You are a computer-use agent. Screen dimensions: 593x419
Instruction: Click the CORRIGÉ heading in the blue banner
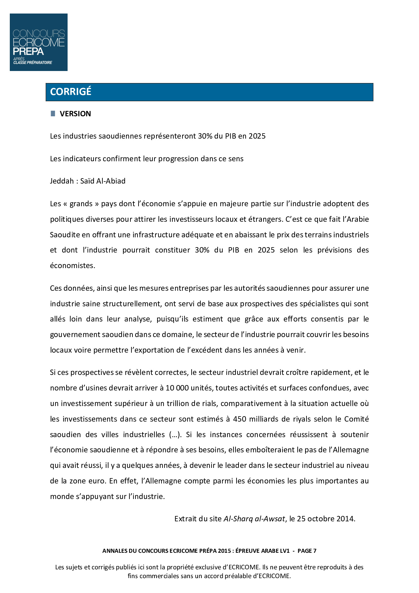click(x=71, y=92)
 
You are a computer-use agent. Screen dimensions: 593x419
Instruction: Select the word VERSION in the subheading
click(x=75, y=114)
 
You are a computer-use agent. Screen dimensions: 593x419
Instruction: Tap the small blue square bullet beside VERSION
click(x=53, y=114)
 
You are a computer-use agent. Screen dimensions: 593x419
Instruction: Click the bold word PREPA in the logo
click(x=28, y=51)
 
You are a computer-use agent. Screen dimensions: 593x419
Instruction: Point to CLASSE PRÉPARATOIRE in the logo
click(x=33, y=63)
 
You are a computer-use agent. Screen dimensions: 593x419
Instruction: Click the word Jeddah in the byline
click(x=62, y=181)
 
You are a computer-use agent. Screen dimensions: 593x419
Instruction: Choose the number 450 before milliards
click(x=240, y=419)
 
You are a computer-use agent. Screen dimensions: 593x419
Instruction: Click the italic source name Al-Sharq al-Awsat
click(x=254, y=519)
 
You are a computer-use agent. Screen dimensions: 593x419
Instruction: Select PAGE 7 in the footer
click(x=307, y=551)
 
